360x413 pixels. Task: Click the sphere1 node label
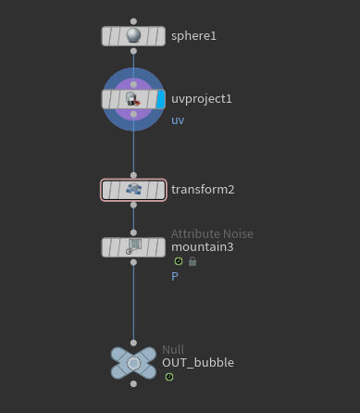[x=193, y=36]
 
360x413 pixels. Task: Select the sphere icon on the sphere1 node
[x=133, y=35]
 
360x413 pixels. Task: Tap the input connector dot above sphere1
[x=133, y=21]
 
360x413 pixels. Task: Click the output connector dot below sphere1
[x=133, y=51]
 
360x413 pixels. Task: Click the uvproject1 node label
[x=202, y=99]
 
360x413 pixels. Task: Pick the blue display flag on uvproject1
[x=160, y=99]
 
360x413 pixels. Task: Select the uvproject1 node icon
[x=133, y=99]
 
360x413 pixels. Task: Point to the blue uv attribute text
[x=178, y=120]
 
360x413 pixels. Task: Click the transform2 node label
[x=203, y=190]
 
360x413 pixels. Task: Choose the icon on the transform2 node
[x=133, y=189]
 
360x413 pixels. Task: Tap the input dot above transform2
[x=133, y=175]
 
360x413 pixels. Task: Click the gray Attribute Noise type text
[x=212, y=234]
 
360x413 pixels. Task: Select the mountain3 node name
[x=203, y=247]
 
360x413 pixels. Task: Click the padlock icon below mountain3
[x=192, y=261]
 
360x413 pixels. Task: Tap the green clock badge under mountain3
[x=179, y=261]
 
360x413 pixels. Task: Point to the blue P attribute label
[x=175, y=277]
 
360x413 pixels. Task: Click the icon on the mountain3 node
[x=133, y=247]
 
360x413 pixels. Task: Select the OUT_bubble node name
[x=198, y=363]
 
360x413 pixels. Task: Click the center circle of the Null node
[x=133, y=363]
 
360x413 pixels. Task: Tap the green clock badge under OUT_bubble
[x=169, y=377]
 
